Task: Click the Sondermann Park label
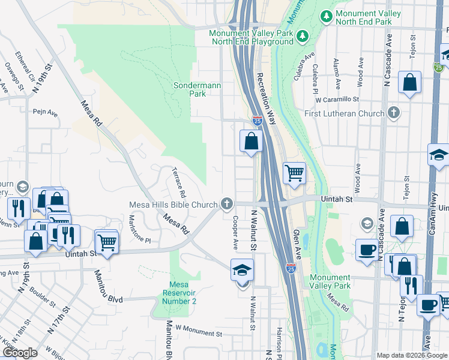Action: pos(197,90)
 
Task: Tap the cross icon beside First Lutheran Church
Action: pos(394,113)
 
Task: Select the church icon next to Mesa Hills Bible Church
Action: pos(227,205)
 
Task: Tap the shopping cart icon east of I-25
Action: pos(294,174)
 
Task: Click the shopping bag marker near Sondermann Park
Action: pos(252,142)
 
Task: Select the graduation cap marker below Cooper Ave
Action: pos(242,271)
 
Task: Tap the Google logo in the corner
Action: pos(20,353)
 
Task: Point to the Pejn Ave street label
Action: pos(45,112)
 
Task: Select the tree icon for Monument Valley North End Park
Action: pos(327,15)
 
